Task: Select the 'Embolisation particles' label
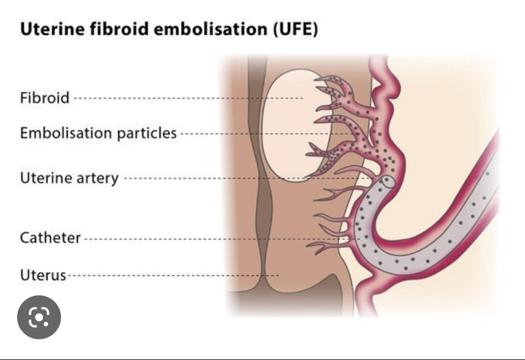(98, 133)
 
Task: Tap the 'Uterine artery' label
(69, 179)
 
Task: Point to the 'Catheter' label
(50, 238)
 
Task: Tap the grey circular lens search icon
(38, 317)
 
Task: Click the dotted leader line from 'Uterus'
(171, 276)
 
